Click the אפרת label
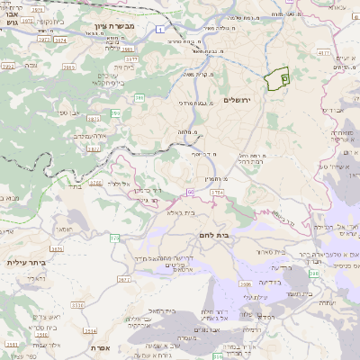[99, 346]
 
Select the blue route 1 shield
[159, 31]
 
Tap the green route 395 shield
[115, 112]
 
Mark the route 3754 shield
[217, 192]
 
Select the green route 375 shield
[114, 237]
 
